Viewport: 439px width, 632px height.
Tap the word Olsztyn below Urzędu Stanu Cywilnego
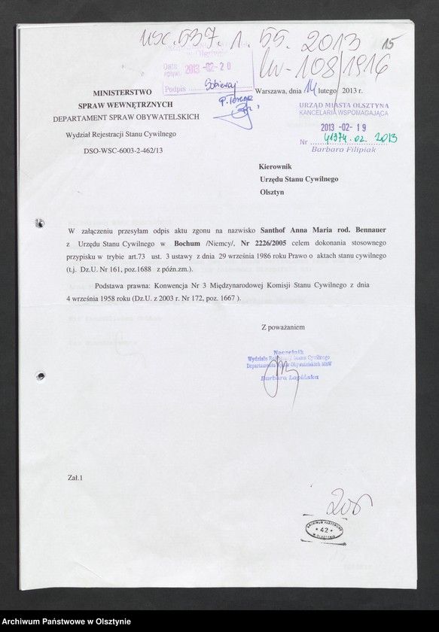pyautogui.click(x=273, y=193)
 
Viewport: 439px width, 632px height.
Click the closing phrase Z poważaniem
pyautogui.click(x=282, y=306)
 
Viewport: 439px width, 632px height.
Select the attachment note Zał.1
pyautogui.click(x=75, y=477)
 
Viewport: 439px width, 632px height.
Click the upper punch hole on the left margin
pyautogui.click(x=39, y=223)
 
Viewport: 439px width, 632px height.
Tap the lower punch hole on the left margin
pyautogui.click(x=40, y=375)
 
